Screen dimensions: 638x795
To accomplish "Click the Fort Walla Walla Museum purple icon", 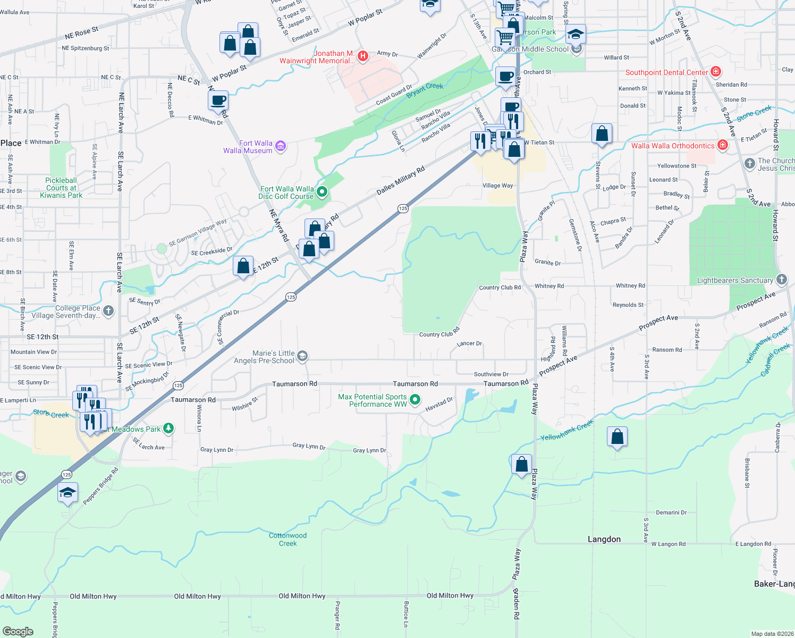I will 281,146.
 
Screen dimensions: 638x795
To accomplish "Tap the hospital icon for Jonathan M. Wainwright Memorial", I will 363,56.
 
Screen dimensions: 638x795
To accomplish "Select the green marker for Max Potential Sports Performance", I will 416,399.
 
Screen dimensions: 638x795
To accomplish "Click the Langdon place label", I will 604,539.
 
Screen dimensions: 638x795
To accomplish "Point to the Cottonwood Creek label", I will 287,539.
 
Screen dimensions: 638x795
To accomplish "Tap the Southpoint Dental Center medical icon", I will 715,71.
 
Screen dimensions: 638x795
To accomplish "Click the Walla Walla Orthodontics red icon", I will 722,145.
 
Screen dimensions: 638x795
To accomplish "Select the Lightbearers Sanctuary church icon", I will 781,279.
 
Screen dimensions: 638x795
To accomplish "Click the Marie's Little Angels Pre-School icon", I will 302,356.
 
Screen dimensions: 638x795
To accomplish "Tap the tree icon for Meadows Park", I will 168,428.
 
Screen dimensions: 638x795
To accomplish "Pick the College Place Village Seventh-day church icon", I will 108,310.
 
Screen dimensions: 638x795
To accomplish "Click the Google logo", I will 18,631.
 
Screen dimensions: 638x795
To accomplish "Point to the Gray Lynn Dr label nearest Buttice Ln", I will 369,450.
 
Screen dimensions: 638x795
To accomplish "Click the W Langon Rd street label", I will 668,544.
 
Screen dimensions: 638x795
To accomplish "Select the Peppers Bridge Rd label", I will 100,486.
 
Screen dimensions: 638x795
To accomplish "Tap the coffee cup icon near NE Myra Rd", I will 218,100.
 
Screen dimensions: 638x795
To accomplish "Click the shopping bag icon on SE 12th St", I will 243,266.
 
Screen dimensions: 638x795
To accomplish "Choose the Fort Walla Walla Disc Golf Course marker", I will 322,191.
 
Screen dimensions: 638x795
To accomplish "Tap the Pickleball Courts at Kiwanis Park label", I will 61,188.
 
